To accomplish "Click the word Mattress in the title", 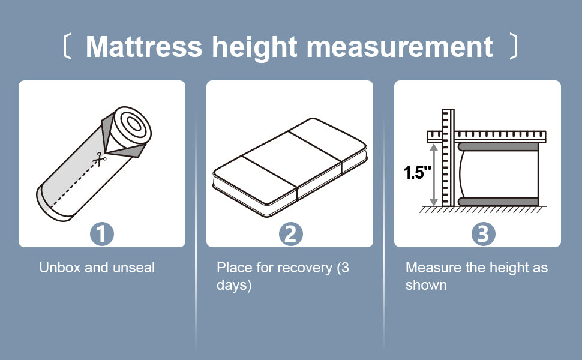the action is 144,47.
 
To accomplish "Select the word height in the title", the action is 254,48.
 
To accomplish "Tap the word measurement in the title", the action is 400,47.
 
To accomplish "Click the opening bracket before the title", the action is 67,46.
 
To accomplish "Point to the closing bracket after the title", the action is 514,46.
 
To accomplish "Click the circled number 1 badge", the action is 102,234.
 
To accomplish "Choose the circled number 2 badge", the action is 290,234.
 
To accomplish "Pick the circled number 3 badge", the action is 483,234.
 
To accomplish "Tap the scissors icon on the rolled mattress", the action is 100,159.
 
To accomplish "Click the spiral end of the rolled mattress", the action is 132,125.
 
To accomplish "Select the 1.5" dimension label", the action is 418,173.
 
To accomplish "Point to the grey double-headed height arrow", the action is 434,175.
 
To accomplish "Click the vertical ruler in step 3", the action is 448,157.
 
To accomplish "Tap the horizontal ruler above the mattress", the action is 487,137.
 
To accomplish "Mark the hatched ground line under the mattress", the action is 483,209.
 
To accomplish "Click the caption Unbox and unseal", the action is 97,268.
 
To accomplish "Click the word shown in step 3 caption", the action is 426,285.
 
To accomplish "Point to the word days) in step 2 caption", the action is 234,286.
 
